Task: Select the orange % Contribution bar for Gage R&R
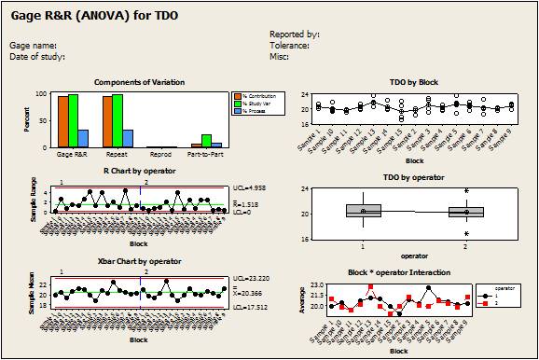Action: (63, 121)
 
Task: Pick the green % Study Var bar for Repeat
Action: (117, 120)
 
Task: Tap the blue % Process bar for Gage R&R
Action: (83, 138)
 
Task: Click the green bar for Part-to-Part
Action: (206, 141)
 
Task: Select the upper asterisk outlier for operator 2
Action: (466, 192)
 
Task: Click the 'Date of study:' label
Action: (38, 56)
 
